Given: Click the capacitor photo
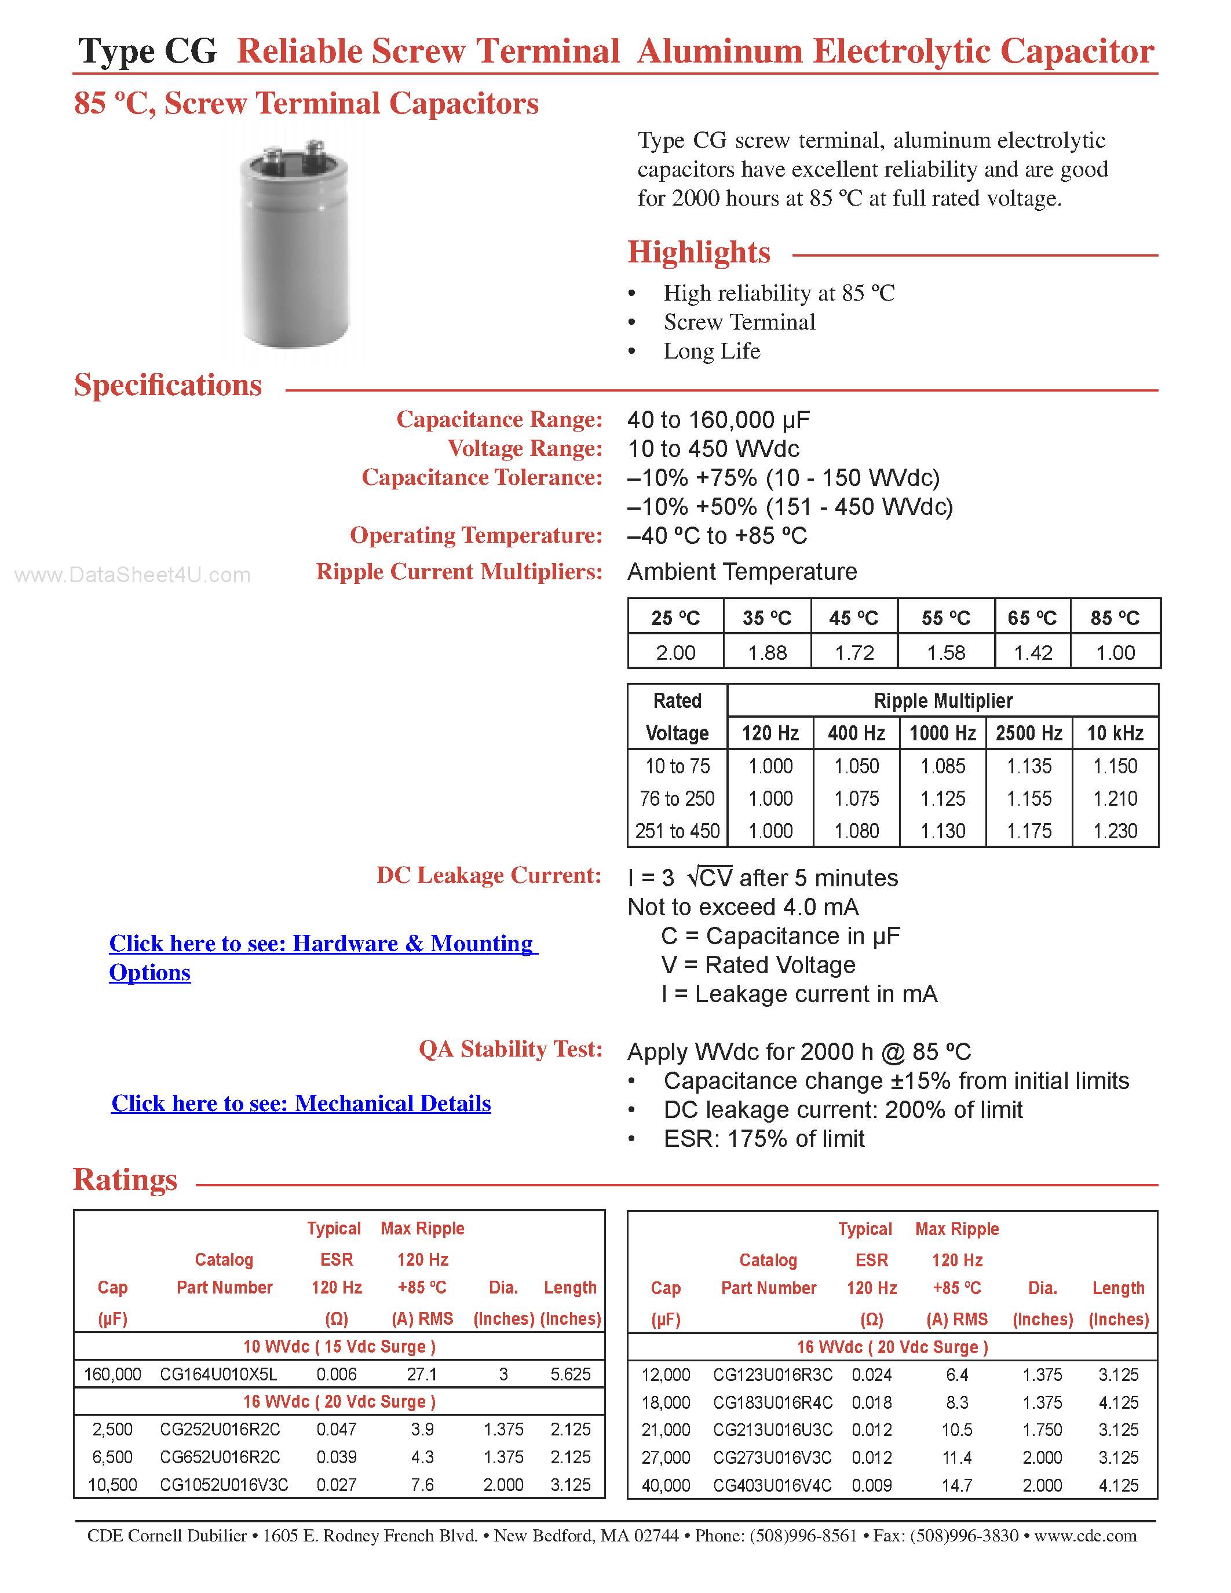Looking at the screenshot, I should click(x=295, y=244).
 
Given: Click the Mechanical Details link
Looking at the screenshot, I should click(x=301, y=1103).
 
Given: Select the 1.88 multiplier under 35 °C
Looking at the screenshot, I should click(x=766, y=652).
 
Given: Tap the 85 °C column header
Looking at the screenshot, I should click(x=1115, y=618).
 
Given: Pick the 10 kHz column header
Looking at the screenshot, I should click(x=1115, y=733).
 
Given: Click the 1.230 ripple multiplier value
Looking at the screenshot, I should click(x=1115, y=831).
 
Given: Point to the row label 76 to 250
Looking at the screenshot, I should click(x=677, y=799).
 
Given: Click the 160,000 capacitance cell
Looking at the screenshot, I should click(x=112, y=1374).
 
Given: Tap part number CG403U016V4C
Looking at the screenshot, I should click(x=772, y=1485).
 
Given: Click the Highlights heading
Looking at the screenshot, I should click(x=698, y=253).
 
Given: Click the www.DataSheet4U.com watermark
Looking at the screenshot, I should click(x=132, y=575).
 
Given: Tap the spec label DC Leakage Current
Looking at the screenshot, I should click(x=488, y=875).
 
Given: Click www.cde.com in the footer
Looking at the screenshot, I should click(x=1085, y=1536).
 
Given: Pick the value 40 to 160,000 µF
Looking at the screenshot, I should click(x=718, y=419).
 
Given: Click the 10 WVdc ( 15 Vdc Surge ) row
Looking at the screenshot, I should click(x=338, y=1346).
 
